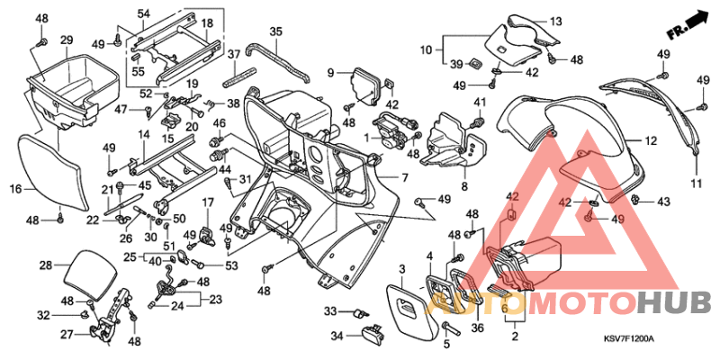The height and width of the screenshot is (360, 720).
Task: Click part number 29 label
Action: [66, 40]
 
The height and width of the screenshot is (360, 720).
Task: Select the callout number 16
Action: [15, 189]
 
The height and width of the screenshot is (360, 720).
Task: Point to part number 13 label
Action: [554, 21]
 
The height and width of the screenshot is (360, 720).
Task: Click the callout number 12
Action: [651, 140]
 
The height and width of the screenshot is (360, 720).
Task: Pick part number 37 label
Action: [232, 54]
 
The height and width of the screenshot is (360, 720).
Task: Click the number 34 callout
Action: [336, 337]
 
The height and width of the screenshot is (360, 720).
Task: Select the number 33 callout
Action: [329, 311]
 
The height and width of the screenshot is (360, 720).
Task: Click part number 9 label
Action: [331, 72]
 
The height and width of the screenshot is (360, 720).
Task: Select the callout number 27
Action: [67, 334]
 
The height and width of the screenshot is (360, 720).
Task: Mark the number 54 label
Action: [144, 13]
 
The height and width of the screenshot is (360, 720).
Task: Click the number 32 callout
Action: [42, 315]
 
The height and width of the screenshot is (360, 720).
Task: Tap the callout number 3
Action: [401, 267]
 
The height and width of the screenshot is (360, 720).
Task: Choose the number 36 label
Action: [478, 328]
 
